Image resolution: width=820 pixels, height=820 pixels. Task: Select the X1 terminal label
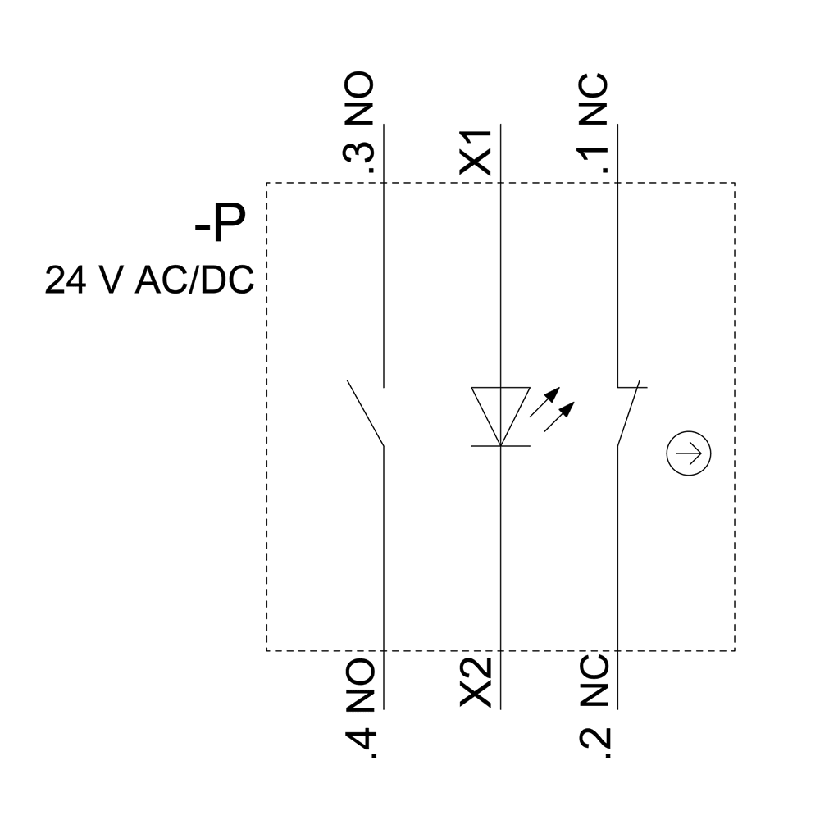click(476, 151)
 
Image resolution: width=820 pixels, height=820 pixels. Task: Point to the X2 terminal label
click(476, 681)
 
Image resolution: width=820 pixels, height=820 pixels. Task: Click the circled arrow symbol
click(689, 453)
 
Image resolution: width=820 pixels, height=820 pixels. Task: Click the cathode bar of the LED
click(500, 445)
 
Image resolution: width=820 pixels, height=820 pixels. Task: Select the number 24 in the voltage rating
click(61, 280)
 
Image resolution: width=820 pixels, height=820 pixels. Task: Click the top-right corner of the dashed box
click(734, 183)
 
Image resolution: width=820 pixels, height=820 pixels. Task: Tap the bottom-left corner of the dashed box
click(266, 650)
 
